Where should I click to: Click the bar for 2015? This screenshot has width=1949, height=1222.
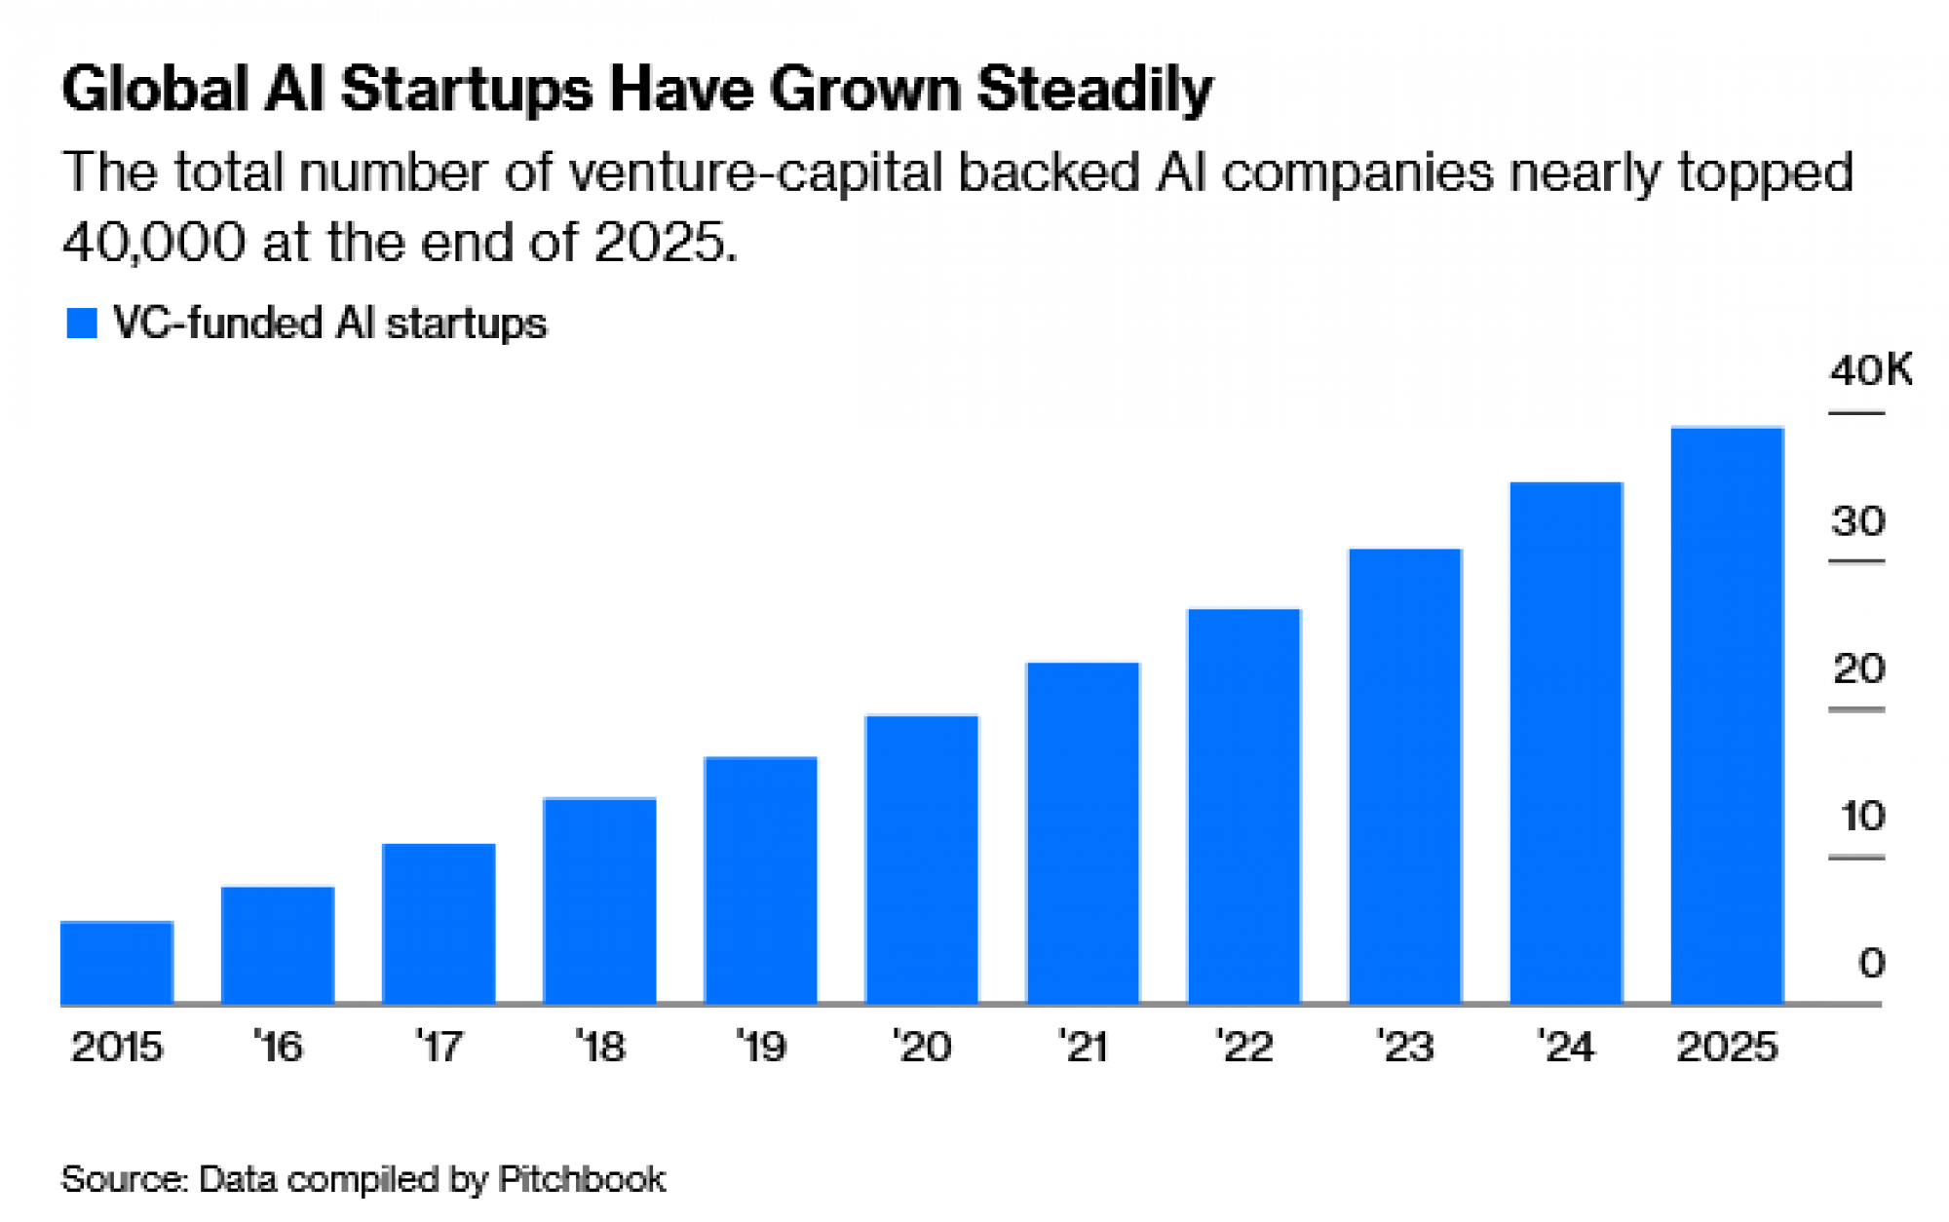coord(117,962)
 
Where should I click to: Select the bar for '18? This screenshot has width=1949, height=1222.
coord(599,900)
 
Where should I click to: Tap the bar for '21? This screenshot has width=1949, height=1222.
coord(1083,833)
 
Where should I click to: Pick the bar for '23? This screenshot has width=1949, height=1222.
coord(1405,776)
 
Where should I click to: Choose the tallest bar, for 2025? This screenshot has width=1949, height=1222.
coord(1727,715)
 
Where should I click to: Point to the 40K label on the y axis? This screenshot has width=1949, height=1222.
coord(1870,371)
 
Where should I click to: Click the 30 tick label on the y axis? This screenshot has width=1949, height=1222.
coord(1858,522)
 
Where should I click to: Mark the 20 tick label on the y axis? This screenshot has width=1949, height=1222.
coord(1858,669)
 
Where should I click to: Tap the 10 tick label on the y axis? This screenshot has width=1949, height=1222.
coord(1861,817)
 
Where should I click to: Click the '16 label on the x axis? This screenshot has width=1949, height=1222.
coord(278,1048)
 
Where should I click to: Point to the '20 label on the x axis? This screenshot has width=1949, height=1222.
coord(921,1048)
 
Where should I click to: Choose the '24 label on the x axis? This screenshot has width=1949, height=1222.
coord(1565,1048)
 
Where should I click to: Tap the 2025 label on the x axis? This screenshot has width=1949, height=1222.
coord(1727,1048)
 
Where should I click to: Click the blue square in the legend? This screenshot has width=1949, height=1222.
coord(82,324)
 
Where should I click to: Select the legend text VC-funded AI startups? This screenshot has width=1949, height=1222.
coord(329,324)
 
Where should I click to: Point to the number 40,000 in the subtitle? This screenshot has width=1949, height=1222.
coord(154,242)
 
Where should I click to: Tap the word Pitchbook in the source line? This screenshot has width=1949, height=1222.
coord(582,1179)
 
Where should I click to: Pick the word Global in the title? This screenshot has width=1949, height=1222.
coord(155,91)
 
